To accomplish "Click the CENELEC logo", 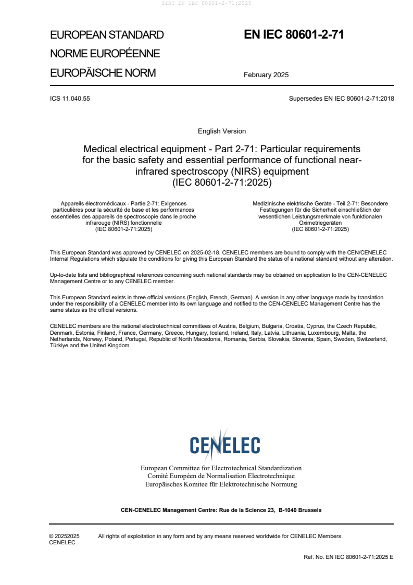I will coord(224,445).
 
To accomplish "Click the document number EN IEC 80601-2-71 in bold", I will coord(294,35).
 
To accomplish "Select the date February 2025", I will coord(266,75).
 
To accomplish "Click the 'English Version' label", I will coord(222,131).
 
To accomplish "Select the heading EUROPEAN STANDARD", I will coord(107,35).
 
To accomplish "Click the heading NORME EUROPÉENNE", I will coord(105,54).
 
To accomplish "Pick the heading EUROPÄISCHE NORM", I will coord(103,72).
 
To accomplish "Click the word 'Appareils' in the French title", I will coord(73,203).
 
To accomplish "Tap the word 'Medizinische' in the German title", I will coord(271,203).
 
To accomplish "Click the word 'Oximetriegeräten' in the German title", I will coord(320,223).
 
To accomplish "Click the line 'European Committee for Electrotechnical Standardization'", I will coord(221,468).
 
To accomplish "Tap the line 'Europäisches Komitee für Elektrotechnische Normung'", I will coord(221,484).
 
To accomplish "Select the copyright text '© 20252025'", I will coord(64,536).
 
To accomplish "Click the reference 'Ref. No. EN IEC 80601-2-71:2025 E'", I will coord(348,557).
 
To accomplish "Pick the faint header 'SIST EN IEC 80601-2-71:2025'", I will coord(207,3).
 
